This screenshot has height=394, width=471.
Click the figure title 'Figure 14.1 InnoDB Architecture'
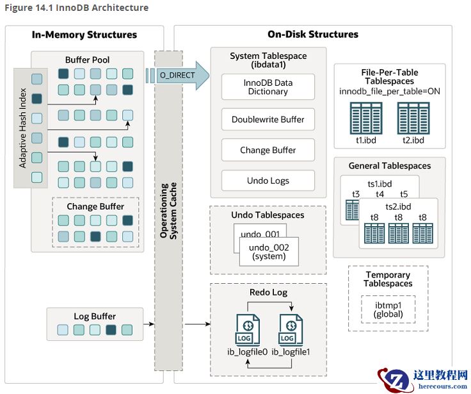(x=76, y=8)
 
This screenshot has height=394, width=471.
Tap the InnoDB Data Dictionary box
(x=268, y=86)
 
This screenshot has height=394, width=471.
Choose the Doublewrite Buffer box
(x=268, y=119)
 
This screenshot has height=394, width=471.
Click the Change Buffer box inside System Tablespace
(x=268, y=150)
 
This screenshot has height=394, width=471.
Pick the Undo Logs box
(x=268, y=181)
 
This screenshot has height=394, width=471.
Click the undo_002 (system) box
(x=268, y=252)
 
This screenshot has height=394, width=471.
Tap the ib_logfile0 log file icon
(x=247, y=330)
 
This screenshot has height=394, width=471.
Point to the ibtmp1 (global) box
(x=388, y=309)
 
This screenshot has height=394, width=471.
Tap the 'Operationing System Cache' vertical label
(x=168, y=211)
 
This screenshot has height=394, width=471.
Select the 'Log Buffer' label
(x=95, y=316)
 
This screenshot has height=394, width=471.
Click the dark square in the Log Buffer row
(x=111, y=330)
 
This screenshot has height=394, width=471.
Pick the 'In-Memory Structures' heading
(x=84, y=35)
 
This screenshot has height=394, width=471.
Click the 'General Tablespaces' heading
(x=389, y=165)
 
